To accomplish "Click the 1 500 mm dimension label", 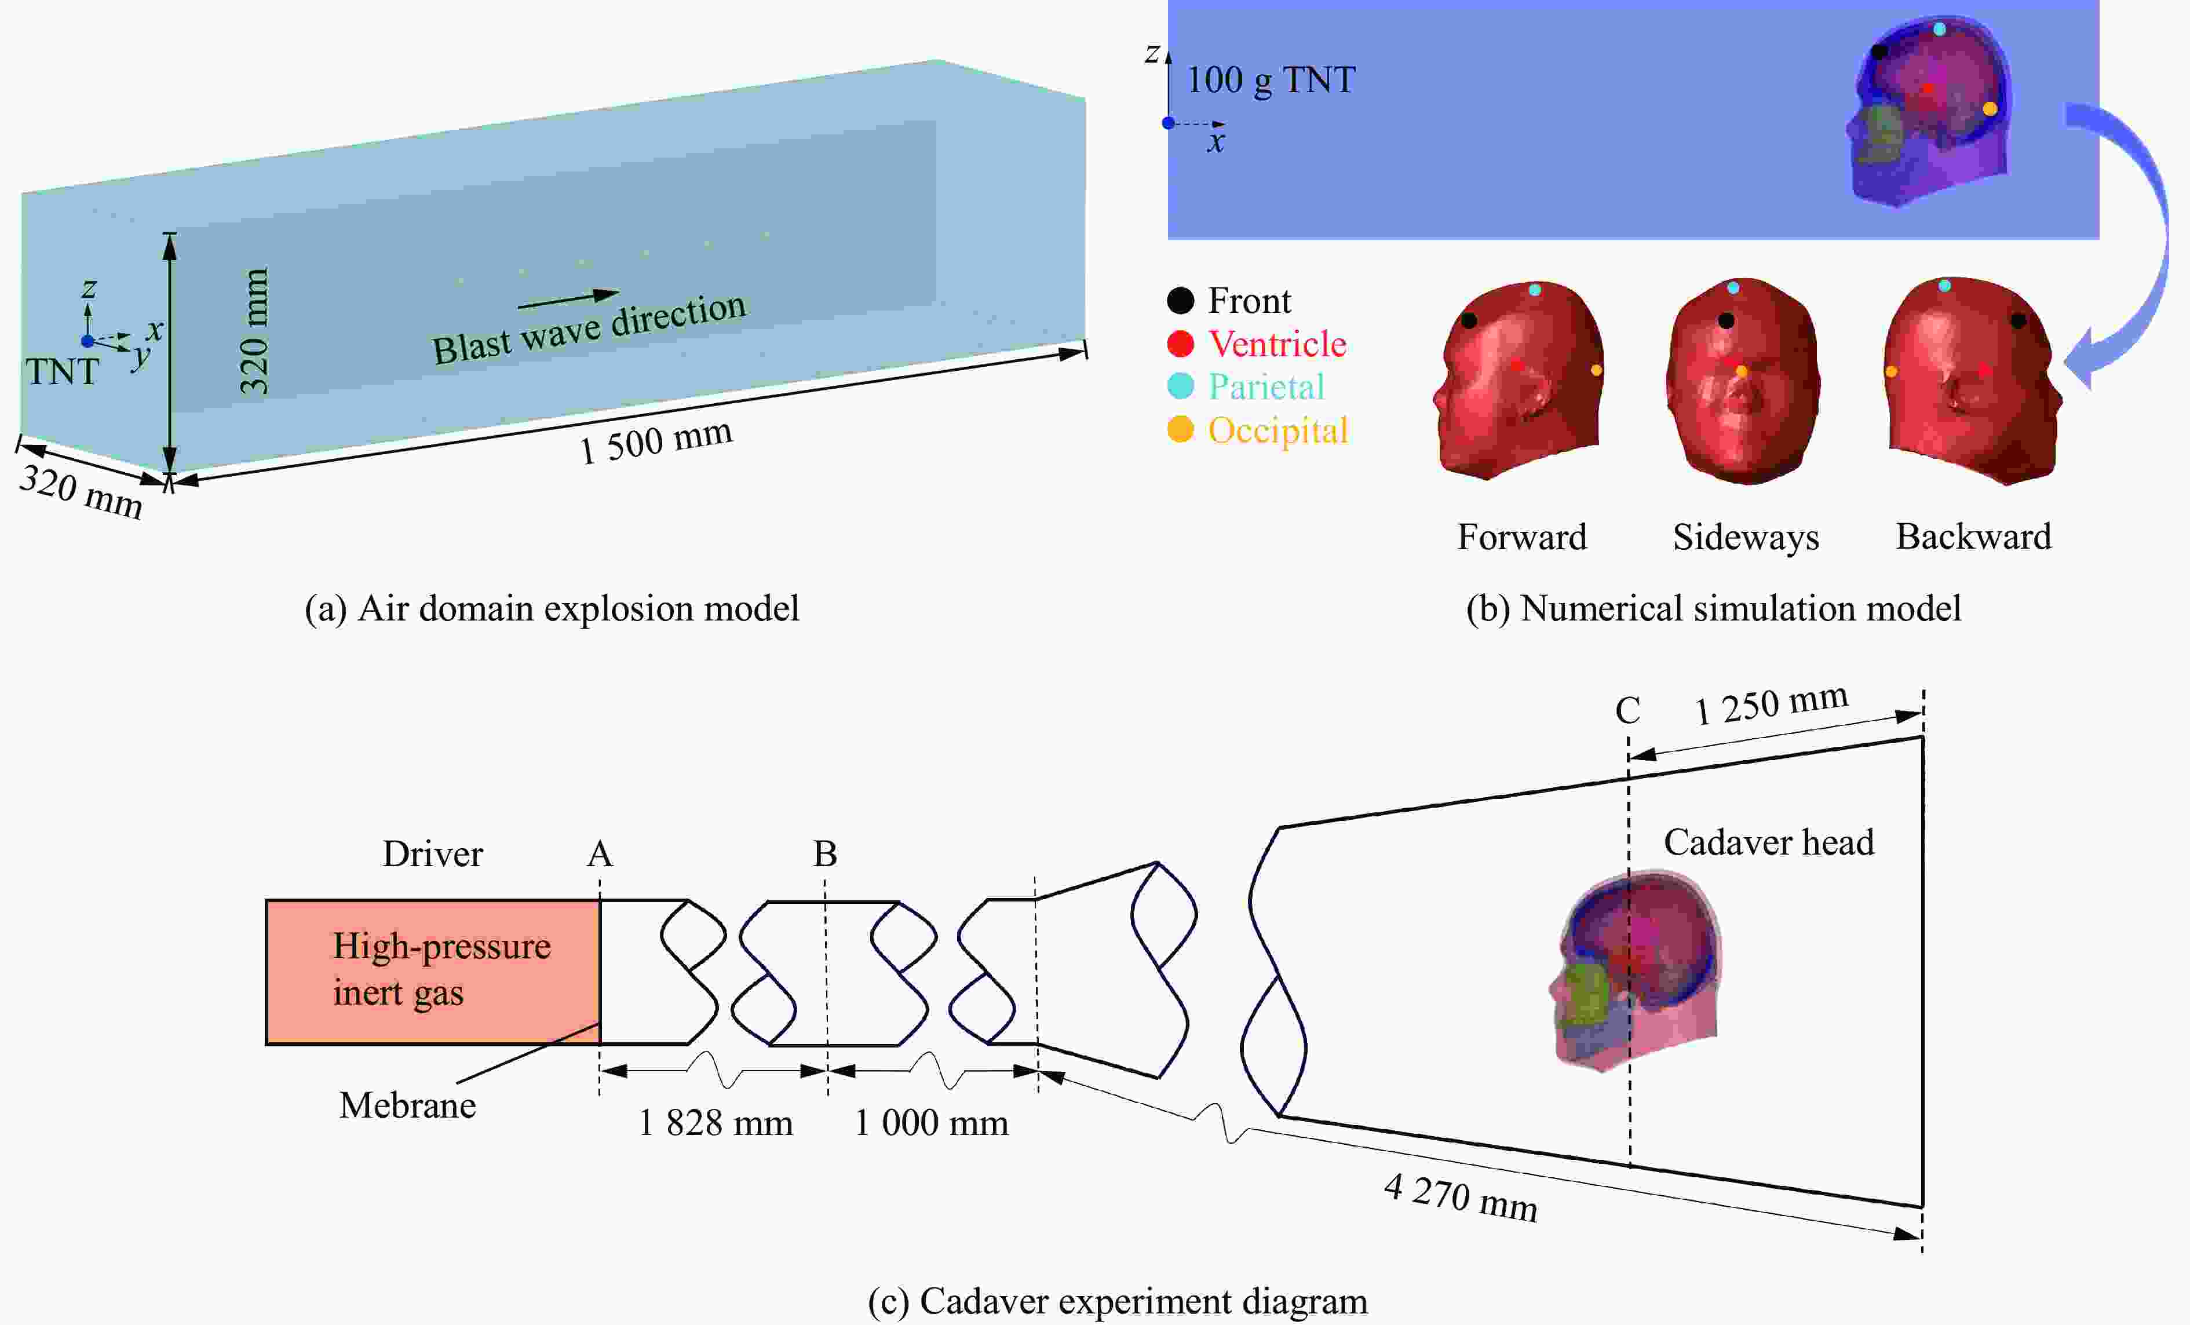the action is point(656,441).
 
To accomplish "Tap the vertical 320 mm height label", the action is point(254,331).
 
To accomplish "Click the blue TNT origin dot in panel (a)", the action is point(87,341).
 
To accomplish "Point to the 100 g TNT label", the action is point(1271,80).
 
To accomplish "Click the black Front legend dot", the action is point(1180,301).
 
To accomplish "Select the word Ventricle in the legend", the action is point(1277,344).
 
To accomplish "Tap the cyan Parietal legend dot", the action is point(1180,386).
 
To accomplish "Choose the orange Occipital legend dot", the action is point(1180,429).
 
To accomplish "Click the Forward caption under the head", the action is point(1521,536).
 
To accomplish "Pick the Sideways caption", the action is point(1746,536).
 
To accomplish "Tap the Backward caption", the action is point(1974,536).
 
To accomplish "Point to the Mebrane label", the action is point(408,1105).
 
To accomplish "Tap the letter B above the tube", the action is point(825,854).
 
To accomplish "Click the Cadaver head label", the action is point(1769,842).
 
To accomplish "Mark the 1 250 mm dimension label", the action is point(1771,704).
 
